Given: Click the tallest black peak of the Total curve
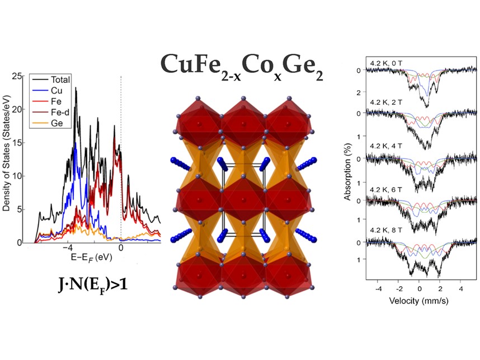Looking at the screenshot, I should click(x=76, y=88).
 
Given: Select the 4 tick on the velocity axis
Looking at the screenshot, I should click(x=461, y=289).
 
